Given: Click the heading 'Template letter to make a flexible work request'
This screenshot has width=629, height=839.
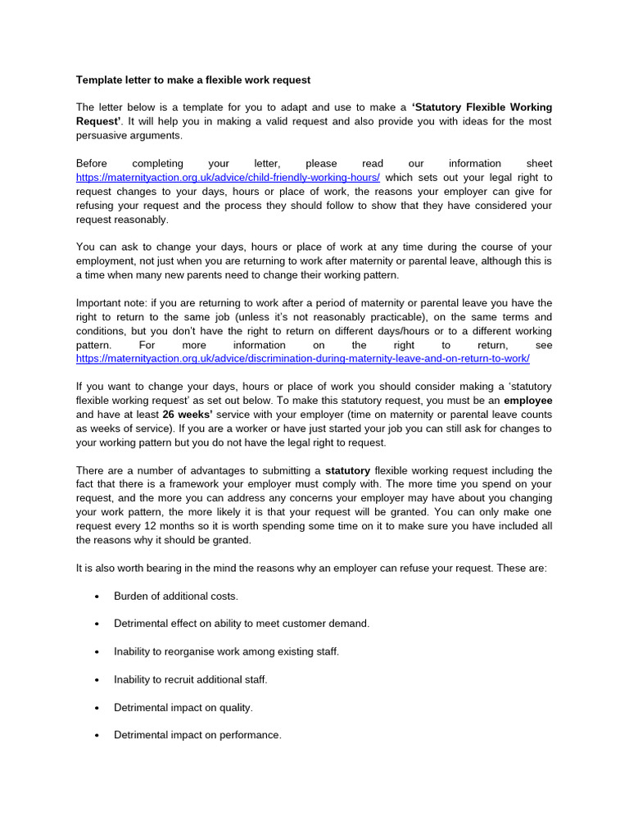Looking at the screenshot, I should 193,79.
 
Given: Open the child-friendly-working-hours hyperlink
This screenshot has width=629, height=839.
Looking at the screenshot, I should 228,177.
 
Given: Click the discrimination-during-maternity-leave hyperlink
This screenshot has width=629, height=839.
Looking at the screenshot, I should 303,359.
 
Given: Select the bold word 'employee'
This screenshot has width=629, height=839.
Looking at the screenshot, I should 527,400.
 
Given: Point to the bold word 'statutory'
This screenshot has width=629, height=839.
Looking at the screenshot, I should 347,470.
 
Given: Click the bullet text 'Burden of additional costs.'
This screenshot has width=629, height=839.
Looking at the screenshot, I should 176,596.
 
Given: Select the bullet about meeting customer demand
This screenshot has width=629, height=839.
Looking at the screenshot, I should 242,624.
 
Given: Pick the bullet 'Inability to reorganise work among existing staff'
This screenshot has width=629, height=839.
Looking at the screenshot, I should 226,651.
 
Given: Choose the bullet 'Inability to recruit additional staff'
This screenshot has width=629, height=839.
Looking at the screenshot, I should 191,679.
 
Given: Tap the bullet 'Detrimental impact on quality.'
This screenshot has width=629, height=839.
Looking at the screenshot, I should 183,707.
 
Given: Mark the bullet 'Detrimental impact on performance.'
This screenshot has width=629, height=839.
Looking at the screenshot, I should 197,735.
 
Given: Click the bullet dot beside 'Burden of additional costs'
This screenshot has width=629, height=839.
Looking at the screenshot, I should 97,596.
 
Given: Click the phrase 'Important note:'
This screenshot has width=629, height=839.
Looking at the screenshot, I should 111,303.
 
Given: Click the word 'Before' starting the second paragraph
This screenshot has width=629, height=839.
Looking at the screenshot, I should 93,163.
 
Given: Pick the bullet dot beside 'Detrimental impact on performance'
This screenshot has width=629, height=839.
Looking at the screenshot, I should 97,736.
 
